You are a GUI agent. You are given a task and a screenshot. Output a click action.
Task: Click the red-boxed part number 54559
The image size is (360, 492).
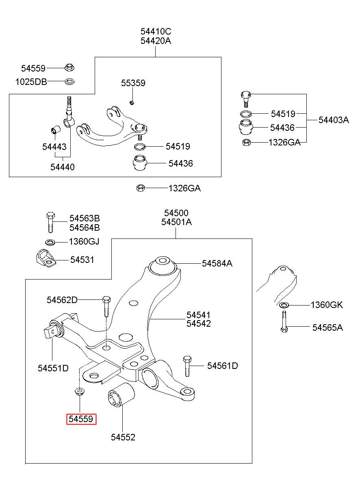coord(81,419)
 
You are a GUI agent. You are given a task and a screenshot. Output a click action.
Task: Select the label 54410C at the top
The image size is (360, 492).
coord(156,32)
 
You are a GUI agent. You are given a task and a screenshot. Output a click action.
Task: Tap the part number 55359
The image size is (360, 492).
coord(133,83)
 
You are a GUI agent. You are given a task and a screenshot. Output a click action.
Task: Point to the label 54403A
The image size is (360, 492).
coord(334,120)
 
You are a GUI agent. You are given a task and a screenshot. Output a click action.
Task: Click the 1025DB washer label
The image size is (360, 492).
coord(31,82)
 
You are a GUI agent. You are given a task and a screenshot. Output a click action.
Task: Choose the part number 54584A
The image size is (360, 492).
coord(217,263)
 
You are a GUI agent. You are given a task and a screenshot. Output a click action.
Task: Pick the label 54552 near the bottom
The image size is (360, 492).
coord(123,437)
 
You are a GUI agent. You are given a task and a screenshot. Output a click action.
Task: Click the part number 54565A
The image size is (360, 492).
coord(327,327)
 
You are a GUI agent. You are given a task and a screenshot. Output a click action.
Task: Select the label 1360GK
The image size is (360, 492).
coord(327,305)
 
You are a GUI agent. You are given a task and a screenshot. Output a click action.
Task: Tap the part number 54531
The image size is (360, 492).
coord(82,260)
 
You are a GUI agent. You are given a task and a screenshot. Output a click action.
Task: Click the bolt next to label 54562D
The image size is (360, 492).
coord(106,306)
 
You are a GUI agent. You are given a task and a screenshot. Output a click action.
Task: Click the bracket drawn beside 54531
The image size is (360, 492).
coord(46,258)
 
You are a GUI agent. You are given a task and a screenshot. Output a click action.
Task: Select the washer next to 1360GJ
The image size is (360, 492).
coord(50,243)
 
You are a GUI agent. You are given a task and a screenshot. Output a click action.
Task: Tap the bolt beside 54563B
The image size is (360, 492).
coord(50,223)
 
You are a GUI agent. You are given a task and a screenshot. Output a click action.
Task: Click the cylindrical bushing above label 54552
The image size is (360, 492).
coord(121,395)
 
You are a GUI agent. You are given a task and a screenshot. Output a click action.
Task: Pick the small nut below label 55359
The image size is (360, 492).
coord(132,102)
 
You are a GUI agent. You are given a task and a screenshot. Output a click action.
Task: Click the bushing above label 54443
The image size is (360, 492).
coord(56,130)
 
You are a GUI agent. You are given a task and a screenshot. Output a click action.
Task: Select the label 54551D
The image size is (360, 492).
coord(53,368)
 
